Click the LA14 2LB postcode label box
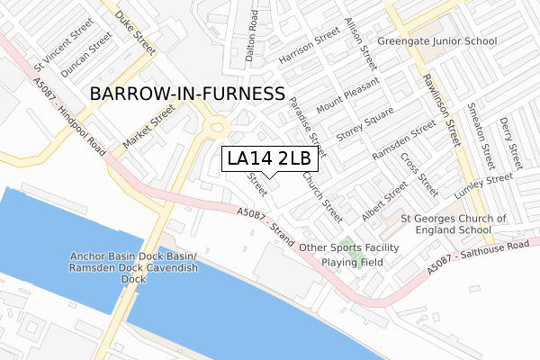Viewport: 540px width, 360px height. tap(269, 158)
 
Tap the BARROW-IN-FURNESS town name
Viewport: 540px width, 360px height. tap(187, 94)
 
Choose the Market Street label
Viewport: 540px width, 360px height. tap(148, 128)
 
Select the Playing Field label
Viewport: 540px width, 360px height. tap(355, 263)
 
